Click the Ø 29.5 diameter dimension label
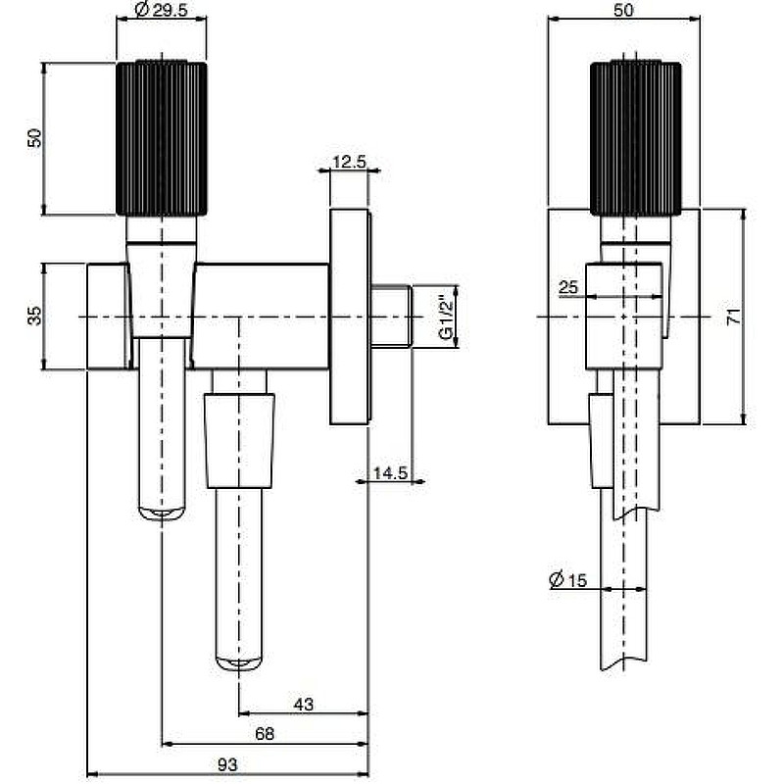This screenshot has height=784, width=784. click(161, 9)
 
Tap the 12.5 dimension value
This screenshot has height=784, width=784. click(350, 162)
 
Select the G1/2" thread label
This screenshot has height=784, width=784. click(446, 318)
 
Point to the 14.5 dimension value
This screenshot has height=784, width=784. click(390, 472)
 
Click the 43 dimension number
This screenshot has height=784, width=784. click(304, 704)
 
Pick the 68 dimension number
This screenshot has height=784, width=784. click(265, 733)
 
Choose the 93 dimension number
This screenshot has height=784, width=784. click(227, 764)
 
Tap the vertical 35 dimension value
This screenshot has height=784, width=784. click(35, 316)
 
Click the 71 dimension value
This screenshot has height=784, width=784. click(733, 317)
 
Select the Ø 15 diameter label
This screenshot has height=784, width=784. click(568, 579)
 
